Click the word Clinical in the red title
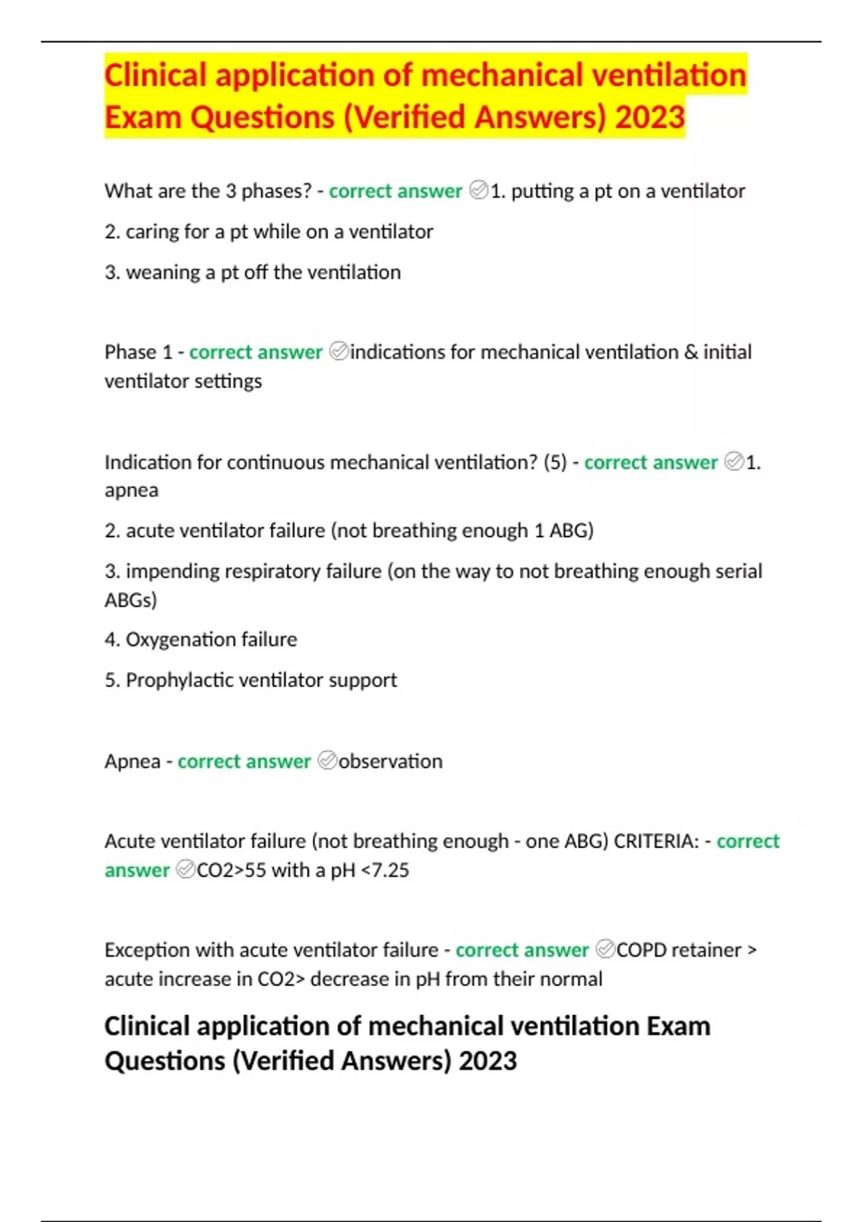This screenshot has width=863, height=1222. [x=155, y=75]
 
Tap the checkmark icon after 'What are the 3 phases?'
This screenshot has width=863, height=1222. [x=478, y=190]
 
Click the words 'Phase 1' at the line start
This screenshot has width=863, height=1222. [x=138, y=352]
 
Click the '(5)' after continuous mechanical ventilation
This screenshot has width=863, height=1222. [x=555, y=462]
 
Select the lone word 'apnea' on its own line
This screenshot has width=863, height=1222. [x=131, y=490]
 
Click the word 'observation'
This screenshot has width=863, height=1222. [x=391, y=761]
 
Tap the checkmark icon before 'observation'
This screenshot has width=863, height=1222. [x=327, y=761]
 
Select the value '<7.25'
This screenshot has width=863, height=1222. [x=385, y=870]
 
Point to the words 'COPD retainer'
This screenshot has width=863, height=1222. [x=678, y=950]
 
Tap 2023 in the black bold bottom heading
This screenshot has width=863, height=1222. [x=488, y=1061]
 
